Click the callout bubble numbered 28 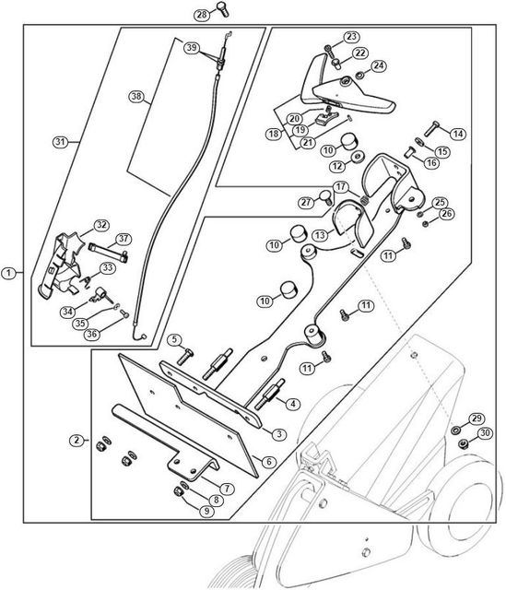[x=202, y=15]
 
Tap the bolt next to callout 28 [x=222, y=9]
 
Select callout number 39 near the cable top [x=192, y=48]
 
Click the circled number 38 [x=135, y=96]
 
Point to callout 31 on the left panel [x=60, y=142]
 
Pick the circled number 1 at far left [x=9, y=273]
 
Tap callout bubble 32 [x=100, y=225]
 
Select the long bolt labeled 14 [x=432, y=129]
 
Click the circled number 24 [x=379, y=65]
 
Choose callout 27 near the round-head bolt [x=307, y=203]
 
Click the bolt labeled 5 [x=184, y=357]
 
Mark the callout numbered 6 [x=268, y=461]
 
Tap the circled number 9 [x=206, y=512]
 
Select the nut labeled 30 [x=463, y=444]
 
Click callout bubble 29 [x=477, y=419]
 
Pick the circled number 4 [x=293, y=404]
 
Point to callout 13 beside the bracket [x=320, y=236]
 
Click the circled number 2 [x=76, y=440]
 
